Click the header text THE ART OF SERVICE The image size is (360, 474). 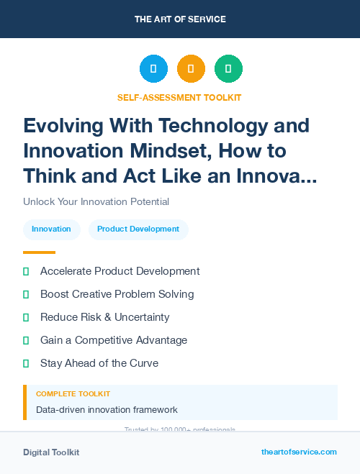pyautogui.click(x=180, y=19)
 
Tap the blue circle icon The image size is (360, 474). pyautogui.click(x=153, y=69)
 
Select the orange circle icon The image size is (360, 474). pyautogui.click(x=191, y=69)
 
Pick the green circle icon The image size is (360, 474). pyautogui.click(x=228, y=69)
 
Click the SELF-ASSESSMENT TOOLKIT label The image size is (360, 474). pyautogui.click(x=179, y=97)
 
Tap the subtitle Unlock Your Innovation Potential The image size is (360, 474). pyautogui.click(x=96, y=201)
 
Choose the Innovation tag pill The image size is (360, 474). pyautogui.click(x=51, y=229)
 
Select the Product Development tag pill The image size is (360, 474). pyautogui.click(x=138, y=229)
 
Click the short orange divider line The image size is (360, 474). pyautogui.click(x=39, y=252)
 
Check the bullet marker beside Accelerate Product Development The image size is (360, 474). pyautogui.click(x=26, y=271)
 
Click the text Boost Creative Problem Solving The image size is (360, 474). pyautogui.click(x=117, y=294)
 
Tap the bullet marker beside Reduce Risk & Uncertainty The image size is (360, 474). pyautogui.click(x=26, y=317)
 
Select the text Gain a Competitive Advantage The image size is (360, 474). pyautogui.click(x=114, y=339)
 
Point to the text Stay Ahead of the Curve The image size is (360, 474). pyautogui.click(x=99, y=363)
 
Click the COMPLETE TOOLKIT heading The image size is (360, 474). pyautogui.click(x=73, y=394)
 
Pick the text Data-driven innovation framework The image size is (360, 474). pyautogui.click(x=107, y=410)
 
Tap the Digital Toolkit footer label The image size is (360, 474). pyautogui.click(x=51, y=452)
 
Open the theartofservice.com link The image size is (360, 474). pyautogui.click(x=299, y=452)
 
